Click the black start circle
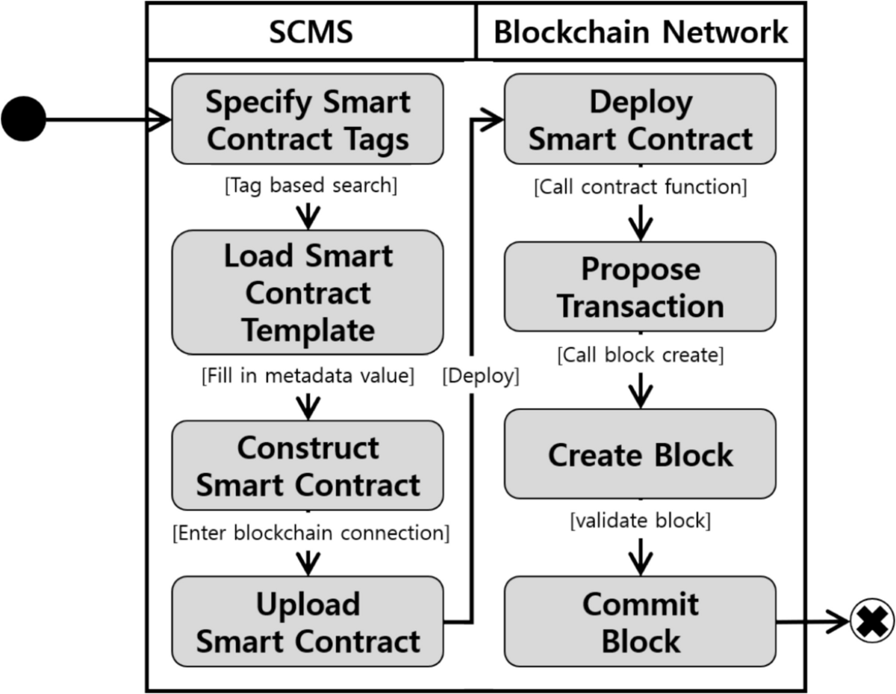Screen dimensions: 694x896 coord(23,119)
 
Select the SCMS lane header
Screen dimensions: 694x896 coord(311,32)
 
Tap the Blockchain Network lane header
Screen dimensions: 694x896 coord(641,32)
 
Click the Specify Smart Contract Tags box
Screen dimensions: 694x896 coord(308,120)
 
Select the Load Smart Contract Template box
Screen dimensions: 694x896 coord(308,292)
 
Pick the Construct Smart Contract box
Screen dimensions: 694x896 coord(308,465)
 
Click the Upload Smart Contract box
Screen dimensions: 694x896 coord(308,622)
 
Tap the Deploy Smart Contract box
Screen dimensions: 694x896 coord(640,120)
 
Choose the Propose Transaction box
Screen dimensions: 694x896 coord(640,287)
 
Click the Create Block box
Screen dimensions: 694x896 coord(640,454)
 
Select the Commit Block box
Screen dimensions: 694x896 coord(640,622)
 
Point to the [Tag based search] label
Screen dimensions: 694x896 coord(311,186)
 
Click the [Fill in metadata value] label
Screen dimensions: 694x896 coord(308,376)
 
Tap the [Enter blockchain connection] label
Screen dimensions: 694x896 coord(311,533)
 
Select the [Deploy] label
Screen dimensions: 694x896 coord(480,376)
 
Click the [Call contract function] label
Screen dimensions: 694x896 coord(640,187)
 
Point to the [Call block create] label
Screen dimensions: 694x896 coord(640,355)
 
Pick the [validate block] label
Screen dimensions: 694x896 coord(640,521)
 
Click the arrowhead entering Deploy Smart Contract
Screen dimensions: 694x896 coord(494,119)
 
